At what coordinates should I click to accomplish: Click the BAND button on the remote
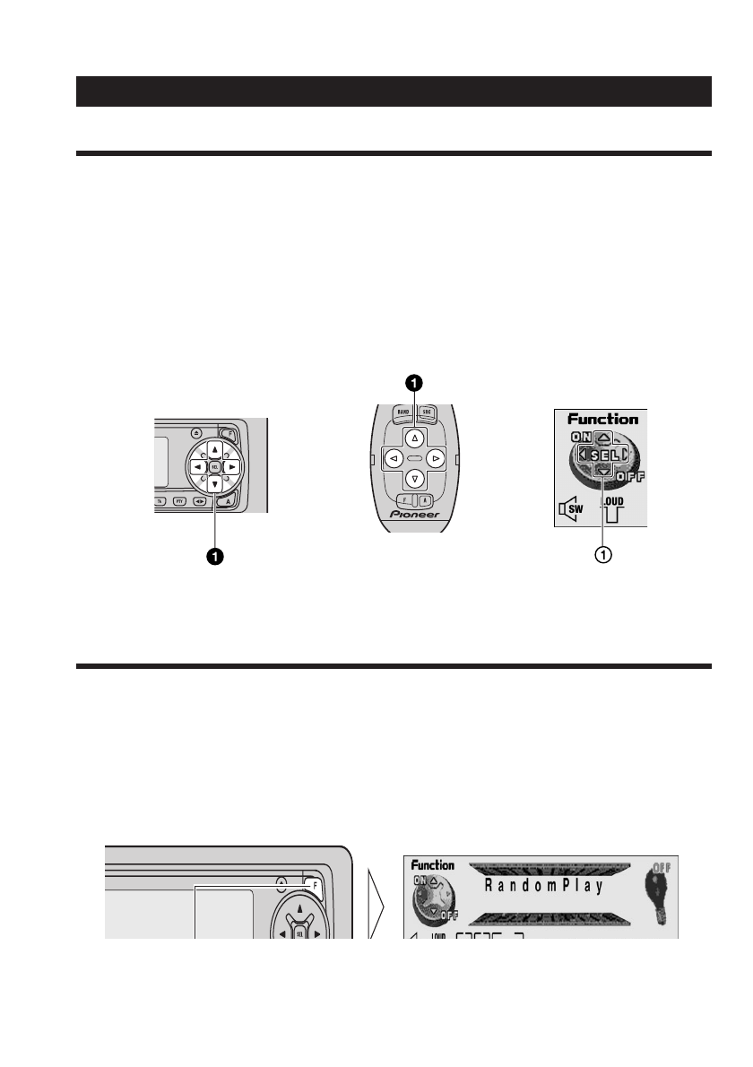402,413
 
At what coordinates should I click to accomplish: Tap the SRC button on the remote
427,413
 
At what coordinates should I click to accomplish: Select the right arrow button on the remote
436,458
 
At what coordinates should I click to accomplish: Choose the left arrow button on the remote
393,458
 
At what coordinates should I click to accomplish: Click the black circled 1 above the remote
414,383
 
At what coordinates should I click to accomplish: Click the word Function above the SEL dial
602,419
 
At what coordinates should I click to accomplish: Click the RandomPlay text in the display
544,886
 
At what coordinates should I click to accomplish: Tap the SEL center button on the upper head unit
215,467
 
